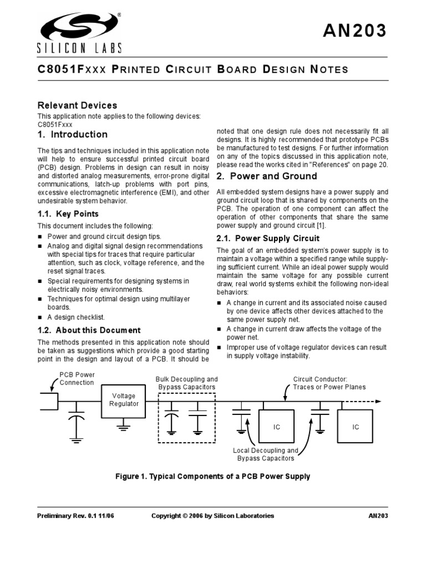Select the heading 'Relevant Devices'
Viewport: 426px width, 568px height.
pos(77,105)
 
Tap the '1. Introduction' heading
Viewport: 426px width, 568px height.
pos(72,134)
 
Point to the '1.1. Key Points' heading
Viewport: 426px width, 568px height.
pos(68,214)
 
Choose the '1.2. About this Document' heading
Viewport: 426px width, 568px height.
pos(89,330)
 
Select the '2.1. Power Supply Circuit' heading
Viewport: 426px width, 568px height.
pos(268,239)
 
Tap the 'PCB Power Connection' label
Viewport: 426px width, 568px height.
pos(77,378)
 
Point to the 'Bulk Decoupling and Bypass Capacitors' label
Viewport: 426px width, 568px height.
pos(186,383)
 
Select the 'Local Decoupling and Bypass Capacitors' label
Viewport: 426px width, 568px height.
pos(265,454)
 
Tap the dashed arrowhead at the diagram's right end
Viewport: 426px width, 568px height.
pos(378,401)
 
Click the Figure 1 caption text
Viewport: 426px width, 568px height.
pos(212,476)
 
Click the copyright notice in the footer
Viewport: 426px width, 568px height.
pos(212,516)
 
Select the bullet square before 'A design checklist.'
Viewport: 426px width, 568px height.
pos(40,318)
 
